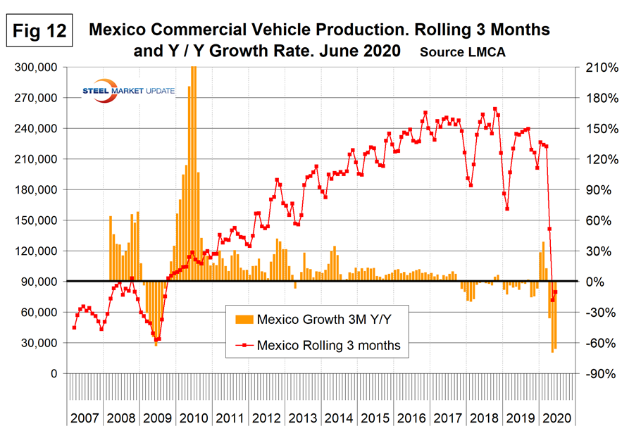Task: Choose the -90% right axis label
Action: coord(597,373)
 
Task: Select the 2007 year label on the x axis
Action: coord(85,418)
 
